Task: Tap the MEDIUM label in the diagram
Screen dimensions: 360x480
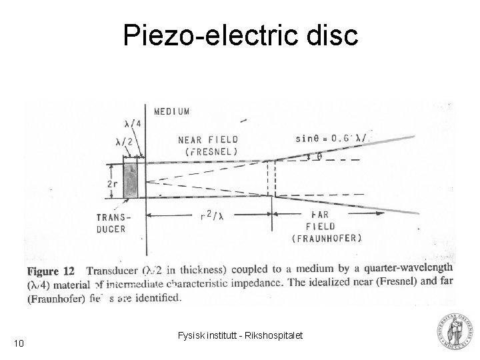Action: pyautogui.click(x=172, y=111)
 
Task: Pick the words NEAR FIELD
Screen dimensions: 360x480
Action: pyautogui.click(x=208, y=140)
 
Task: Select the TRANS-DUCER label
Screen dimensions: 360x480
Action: pyautogui.click(x=115, y=222)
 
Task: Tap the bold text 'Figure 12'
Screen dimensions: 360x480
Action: pyautogui.click(x=51, y=272)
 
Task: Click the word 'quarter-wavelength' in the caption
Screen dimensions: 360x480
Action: pyautogui.click(x=408, y=269)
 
